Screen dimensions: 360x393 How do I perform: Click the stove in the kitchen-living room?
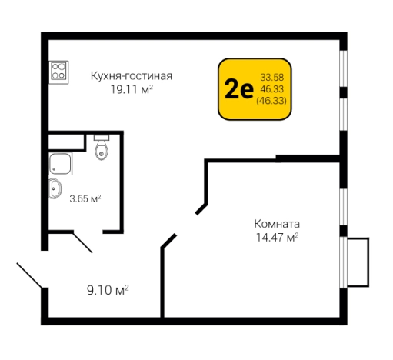pos(58,72)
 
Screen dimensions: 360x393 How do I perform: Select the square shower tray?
pos(58,162)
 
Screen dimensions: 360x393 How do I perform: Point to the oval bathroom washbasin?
pos(55,188)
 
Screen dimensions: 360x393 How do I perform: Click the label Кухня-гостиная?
pos(131,75)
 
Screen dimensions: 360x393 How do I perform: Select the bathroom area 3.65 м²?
pos(85,198)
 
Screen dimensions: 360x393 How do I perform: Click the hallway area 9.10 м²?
pos(107,289)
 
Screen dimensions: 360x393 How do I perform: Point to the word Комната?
pos(276,224)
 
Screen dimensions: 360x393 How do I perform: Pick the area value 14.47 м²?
pos(276,238)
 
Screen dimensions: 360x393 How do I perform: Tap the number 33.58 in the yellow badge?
pos(272,77)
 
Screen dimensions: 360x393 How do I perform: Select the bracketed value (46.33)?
pos(272,101)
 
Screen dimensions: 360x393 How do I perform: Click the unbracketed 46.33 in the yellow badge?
pos(272,89)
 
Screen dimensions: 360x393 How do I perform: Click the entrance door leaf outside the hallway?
pos(29,276)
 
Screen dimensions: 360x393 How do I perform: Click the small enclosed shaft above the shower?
pos(65,141)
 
